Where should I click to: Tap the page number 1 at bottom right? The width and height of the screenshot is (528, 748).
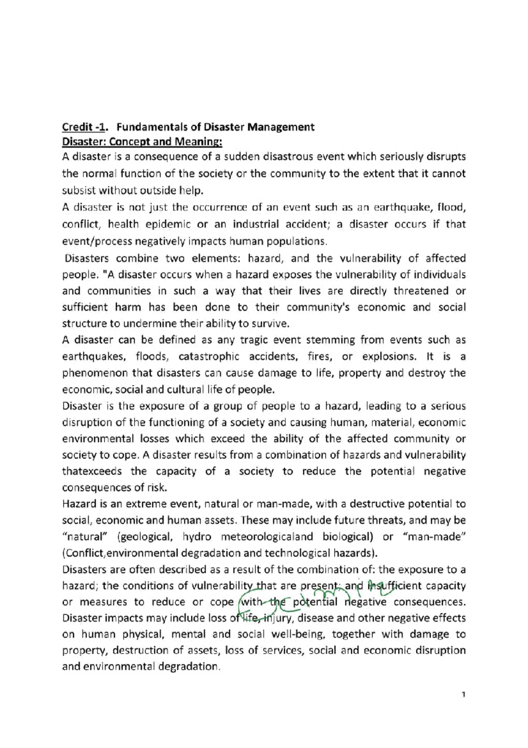click(463, 695)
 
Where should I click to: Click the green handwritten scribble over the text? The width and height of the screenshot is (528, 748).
click(308, 599)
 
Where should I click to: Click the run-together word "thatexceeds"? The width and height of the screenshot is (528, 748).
click(92, 471)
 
